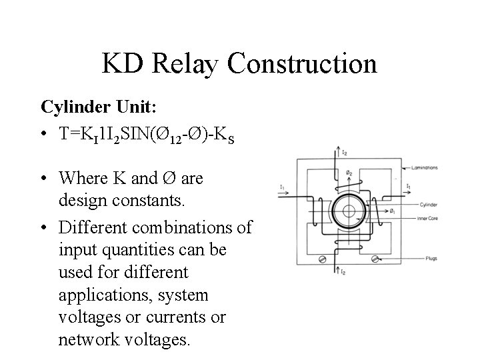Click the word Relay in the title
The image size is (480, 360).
click(186, 64)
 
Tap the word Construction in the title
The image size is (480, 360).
click(302, 64)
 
